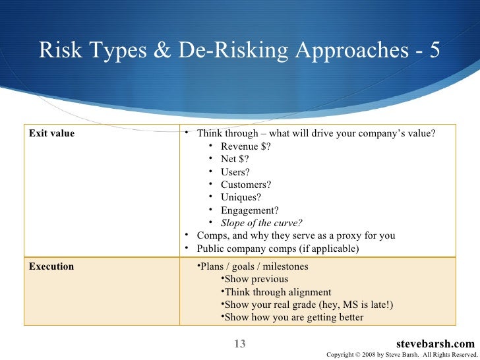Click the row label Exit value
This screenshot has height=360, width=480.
coord(51,134)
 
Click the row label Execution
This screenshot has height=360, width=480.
coord(51,267)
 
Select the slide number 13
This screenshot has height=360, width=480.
coord(239,344)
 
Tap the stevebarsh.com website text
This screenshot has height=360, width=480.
coord(436,344)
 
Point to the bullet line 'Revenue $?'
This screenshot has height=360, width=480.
coord(245,146)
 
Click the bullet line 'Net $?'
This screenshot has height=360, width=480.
coord(235,159)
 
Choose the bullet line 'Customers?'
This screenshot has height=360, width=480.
coord(246,185)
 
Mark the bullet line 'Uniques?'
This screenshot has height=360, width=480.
coord(241,197)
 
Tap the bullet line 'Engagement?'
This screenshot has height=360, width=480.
coord(250,210)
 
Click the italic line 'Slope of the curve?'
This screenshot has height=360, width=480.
coord(262,223)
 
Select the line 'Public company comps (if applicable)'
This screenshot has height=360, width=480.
coord(278,249)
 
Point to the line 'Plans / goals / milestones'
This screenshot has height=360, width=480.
coord(253,267)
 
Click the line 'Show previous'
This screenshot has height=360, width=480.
coord(256,280)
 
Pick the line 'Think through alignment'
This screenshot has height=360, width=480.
coord(278,292)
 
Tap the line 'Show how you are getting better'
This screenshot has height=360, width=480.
coord(293,317)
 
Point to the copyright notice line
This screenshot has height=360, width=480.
coord(401,355)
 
